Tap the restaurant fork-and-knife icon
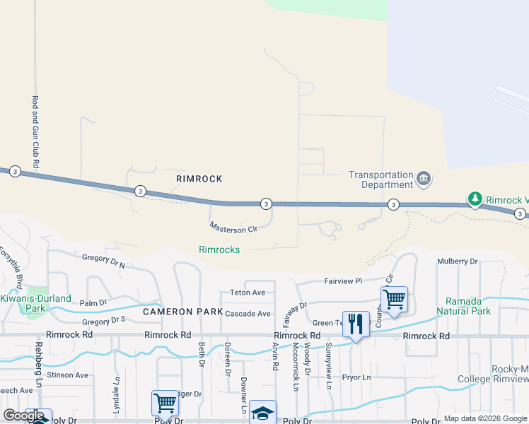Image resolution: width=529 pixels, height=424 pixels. pos(356,325)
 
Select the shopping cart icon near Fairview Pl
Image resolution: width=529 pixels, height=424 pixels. pos(394,299)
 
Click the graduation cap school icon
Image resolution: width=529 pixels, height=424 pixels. pos(262,413)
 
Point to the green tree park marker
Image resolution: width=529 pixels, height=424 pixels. pos(476,200)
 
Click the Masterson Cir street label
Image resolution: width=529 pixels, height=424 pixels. pos(233,228)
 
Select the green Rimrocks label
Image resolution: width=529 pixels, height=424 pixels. pos(219,249)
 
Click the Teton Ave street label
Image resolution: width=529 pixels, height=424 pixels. pos(247,293)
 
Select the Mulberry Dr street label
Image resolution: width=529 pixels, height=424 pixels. pos(457,261)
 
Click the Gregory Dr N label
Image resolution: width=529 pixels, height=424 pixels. pos(103,261)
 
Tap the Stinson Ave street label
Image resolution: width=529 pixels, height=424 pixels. pos(69,375)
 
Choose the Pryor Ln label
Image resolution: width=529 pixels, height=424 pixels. pos(356,377)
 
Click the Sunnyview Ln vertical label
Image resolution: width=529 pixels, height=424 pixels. pos(329,367)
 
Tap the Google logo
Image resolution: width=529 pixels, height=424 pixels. pos(23,416)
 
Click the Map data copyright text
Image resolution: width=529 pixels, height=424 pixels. pos(485,418)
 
